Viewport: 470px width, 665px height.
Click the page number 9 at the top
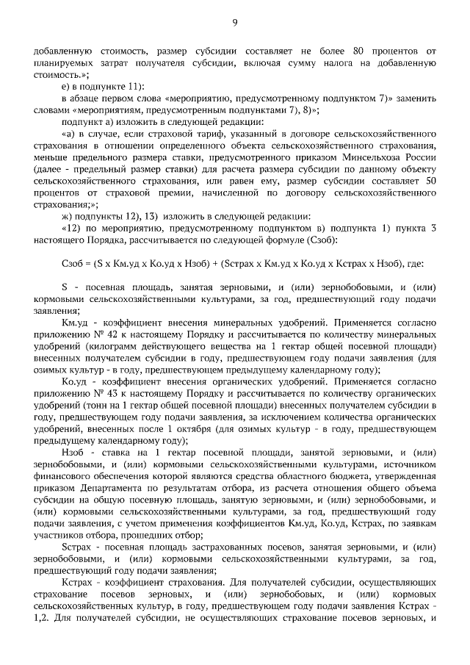coord(235,23)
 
